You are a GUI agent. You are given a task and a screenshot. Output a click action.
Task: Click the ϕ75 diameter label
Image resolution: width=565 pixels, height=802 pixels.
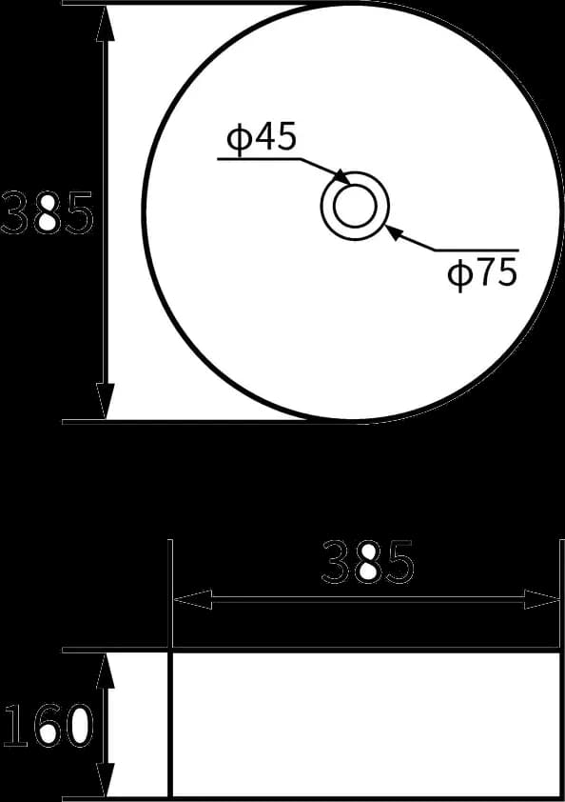click(482, 273)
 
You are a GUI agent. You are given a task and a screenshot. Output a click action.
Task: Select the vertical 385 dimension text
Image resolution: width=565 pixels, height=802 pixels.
click(47, 212)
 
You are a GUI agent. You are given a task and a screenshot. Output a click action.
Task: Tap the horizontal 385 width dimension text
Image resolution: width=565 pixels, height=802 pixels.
click(368, 563)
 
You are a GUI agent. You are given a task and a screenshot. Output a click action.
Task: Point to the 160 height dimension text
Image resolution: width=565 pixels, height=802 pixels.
click(48, 725)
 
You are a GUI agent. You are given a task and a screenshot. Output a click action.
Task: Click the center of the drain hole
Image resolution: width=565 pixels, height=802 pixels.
click(355, 206)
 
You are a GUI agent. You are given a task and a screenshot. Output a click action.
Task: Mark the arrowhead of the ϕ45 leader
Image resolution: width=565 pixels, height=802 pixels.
click(342, 177)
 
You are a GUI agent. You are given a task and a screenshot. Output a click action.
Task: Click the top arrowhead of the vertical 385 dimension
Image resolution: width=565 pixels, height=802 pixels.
click(106, 23)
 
